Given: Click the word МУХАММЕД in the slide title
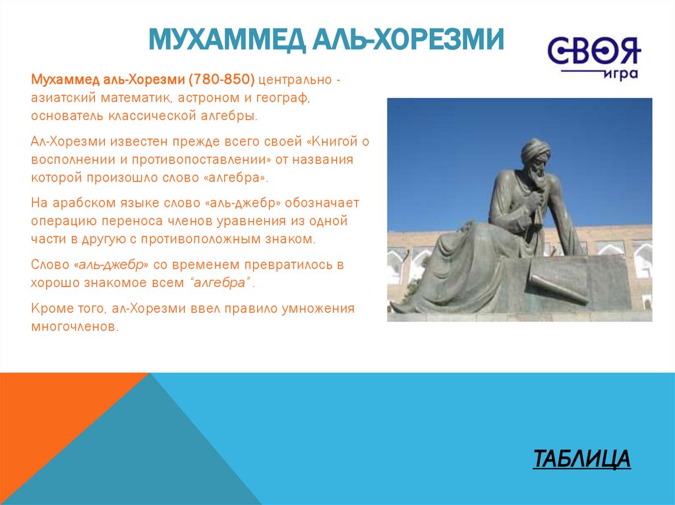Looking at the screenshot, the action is pyautogui.click(x=227, y=40).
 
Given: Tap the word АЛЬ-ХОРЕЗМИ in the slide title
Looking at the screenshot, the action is pyautogui.click(x=408, y=40).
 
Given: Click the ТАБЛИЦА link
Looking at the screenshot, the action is pyautogui.click(x=581, y=458).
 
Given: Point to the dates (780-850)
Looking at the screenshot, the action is pyautogui.click(x=221, y=80).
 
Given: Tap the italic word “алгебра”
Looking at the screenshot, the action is pyautogui.click(x=220, y=282).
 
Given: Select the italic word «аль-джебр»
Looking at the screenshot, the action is pyautogui.click(x=111, y=265).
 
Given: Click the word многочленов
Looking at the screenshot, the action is pyautogui.click(x=74, y=327).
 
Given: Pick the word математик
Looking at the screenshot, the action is pyautogui.click(x=136, y=97).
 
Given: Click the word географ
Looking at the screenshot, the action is pyautogui.click(x=283, y=98).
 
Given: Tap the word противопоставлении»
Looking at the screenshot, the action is pyautogui.click(x=202, y=159).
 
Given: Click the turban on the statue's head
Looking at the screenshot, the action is pyautogui.click(x=535, y=150).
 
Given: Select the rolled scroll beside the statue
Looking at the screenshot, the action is pyautogui.click(x=558, y=289).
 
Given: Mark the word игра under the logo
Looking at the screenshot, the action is pyautogui.click(x=620, y=74).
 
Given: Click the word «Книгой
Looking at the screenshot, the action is pyautogui.click(x=332, y=141).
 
